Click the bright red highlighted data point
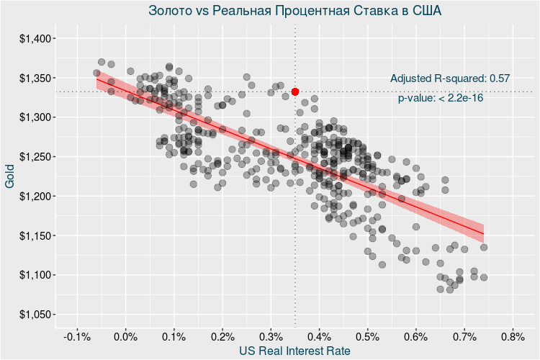pos(295,91)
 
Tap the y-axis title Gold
pos(10,176)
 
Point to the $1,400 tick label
pos(33,38)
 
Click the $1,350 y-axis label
pos(33,78)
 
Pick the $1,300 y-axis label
pos(33,117)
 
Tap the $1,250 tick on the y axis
pos(33,157)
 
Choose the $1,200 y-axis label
pos(33,197)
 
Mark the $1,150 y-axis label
pos(33,236)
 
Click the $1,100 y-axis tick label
pos(33,275)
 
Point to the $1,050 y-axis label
pos(33,315)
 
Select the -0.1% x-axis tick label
pos(76,336)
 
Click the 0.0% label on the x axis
pos(126,336)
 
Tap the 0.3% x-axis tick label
pos(271,336)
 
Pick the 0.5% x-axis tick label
pos(367,336)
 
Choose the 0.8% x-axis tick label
pos(512,336)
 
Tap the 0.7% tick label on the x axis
pos(464,336)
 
